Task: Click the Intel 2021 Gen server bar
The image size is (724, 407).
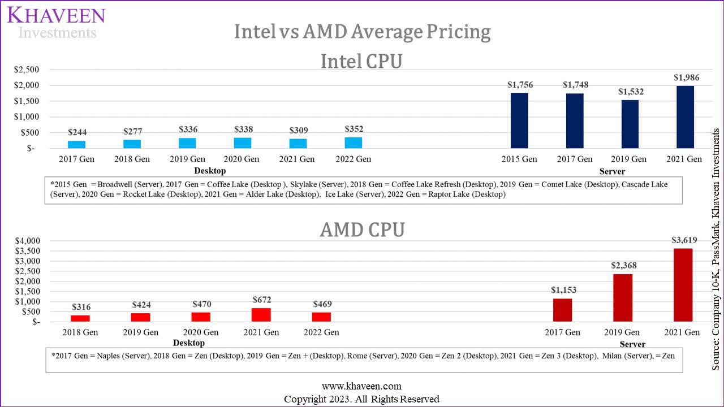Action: (x=685, y=117)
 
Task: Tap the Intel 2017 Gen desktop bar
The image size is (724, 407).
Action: (x=76, y=145)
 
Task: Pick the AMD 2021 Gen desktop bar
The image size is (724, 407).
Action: (x=261, y=315)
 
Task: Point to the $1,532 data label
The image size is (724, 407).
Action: (x=630, y=92)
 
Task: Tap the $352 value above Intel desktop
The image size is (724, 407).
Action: (x=354, y=128)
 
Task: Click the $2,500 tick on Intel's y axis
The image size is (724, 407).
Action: (x=27, y=70)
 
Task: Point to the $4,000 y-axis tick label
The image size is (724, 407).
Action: (x=27, y=241)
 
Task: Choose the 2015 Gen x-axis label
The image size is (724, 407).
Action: (x=519, y=159)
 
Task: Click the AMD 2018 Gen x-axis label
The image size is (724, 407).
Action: (x=80, y=332)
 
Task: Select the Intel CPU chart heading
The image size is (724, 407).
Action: (x=361, y=61)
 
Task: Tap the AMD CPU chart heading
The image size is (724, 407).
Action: (x=362, y=230)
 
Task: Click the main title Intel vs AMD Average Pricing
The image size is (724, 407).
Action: (x=362, y=32)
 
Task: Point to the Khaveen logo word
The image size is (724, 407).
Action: (x=56, y=15)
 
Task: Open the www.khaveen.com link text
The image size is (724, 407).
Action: (x=361, y=386)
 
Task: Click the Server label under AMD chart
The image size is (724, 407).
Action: (x=632, y=344)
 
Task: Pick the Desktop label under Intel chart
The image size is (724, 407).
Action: (x=210, y=171)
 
